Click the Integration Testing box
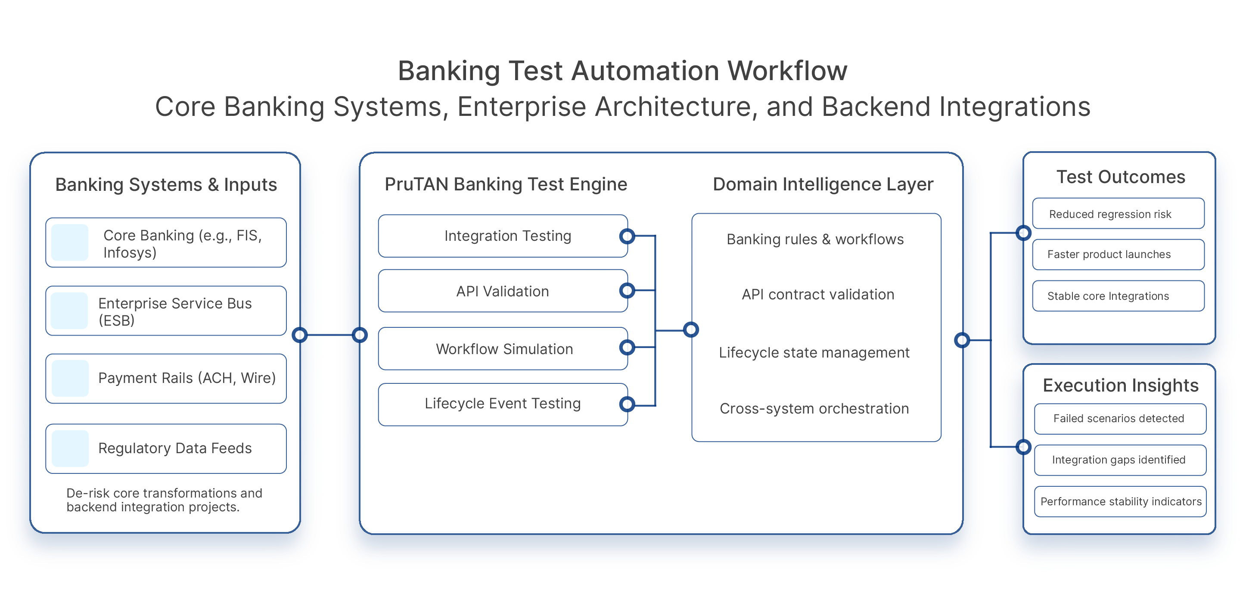click(503, 236)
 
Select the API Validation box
click(503, 291)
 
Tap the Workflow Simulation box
click(503, 349)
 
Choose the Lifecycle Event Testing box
click(503, 404)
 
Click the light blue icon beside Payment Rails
click(70, 378)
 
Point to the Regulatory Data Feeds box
click(166, 448)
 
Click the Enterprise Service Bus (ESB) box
click(166, 311)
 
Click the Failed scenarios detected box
click(1120, 418)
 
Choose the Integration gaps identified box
click(1120, 460)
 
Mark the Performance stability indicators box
click(1120, 501)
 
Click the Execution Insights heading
click(1120, 386)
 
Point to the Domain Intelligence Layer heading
click(823, 184)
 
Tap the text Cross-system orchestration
click(814, 409)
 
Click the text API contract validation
click(817, 295)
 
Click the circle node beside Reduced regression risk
click(1023, 233)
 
